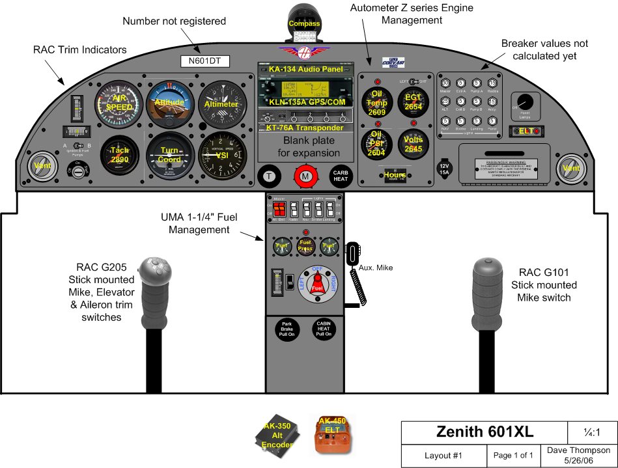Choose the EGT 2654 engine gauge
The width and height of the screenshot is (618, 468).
(x=414, y=102)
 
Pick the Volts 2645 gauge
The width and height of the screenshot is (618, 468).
(x=414, y=144)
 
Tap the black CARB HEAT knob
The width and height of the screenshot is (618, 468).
(x=342, y=176)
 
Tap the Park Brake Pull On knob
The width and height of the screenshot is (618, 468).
(x=287, y=330)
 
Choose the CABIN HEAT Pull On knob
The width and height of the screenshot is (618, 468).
(x=324, y=330)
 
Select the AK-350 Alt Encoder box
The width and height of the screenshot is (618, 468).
(x=278, y=435)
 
